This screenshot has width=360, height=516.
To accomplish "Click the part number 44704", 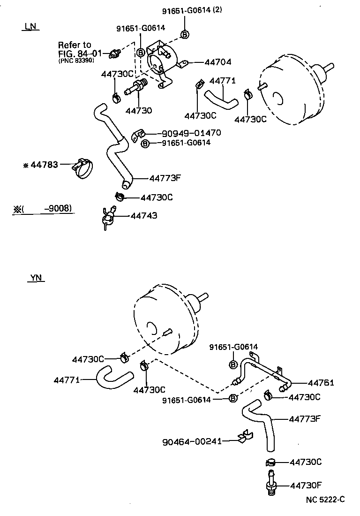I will point(218,61).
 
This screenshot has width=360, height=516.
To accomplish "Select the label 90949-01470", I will point(192,133).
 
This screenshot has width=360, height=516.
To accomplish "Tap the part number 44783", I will point(44,165).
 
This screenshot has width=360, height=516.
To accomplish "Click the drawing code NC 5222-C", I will point(325,500).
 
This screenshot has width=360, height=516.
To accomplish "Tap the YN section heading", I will point(36,278).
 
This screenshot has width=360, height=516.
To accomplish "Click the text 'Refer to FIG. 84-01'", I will point(75,49).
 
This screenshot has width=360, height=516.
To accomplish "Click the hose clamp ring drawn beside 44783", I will point(83,168).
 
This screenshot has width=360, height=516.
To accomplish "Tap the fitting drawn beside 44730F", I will point(270,485).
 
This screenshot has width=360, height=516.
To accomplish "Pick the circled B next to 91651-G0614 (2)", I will point(185,34).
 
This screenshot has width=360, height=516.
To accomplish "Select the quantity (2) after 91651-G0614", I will point(217,10).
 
